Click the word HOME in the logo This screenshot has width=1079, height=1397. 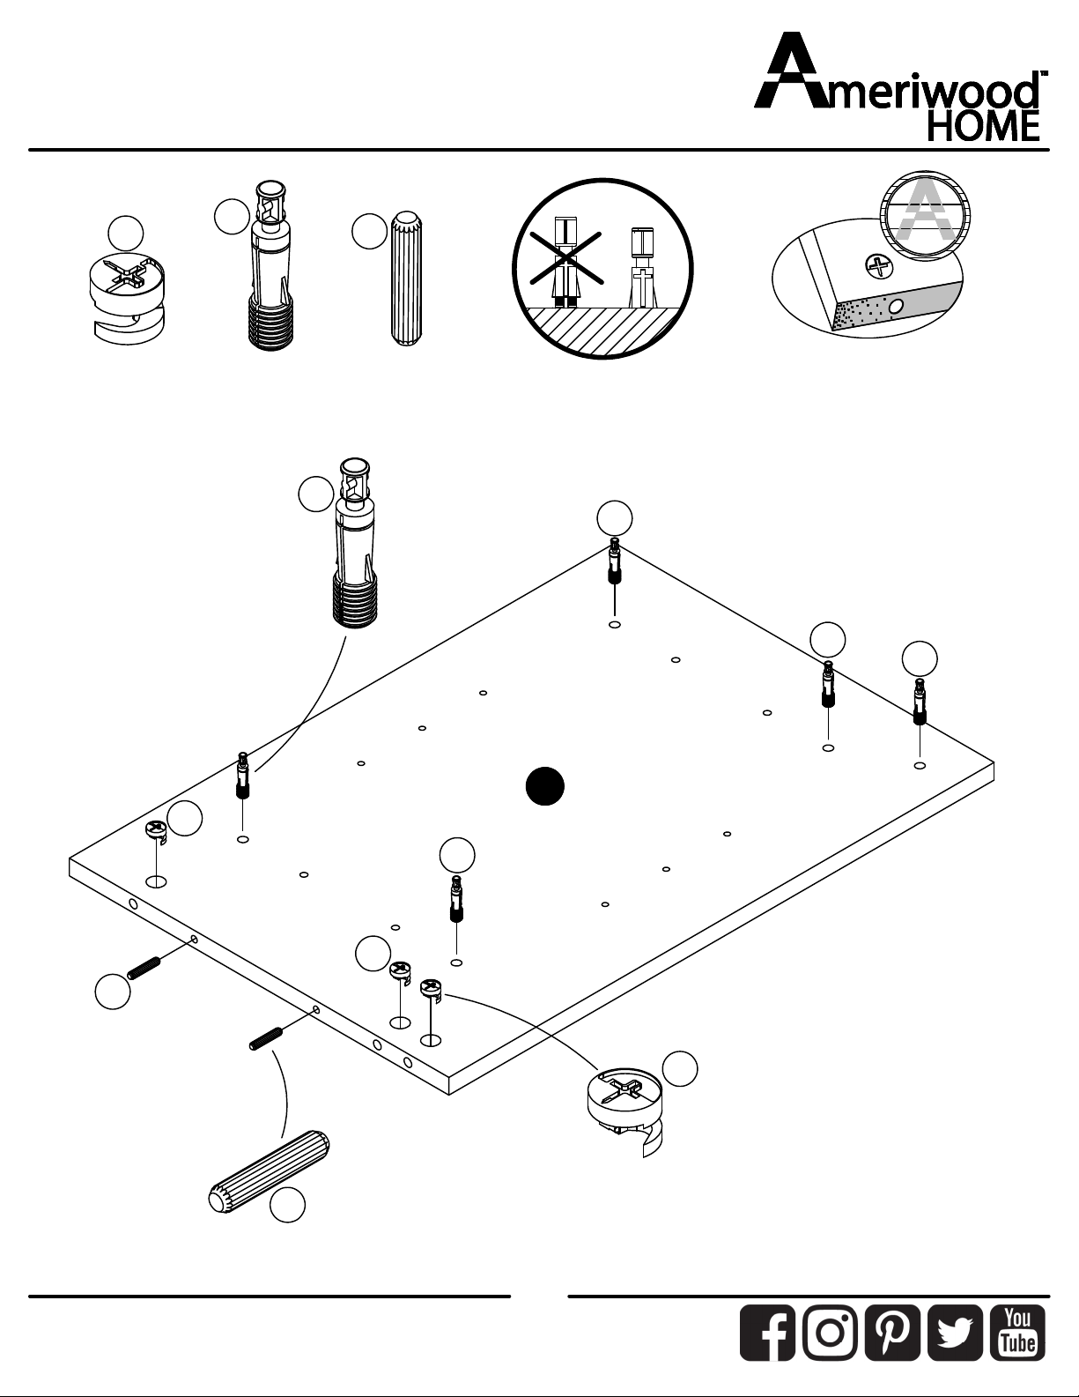pyautogui.click(x=983, y=127)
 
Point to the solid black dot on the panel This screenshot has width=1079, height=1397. pyautogui.click(x=544, y=786)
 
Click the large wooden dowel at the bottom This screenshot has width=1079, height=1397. pyautogui.click(x=270, y=1171)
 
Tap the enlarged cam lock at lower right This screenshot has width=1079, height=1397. pyautogui.click(x=625, y=1111)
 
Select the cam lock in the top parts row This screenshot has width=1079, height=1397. pyautogui.click(x=127, y=297)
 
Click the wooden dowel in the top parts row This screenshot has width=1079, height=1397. pyautogui.click(x=406, y=279)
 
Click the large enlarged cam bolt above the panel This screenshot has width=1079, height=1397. pyautogui.click(x=355, y=543)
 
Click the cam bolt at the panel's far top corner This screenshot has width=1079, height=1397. pyautogui.click(x=615, y=561)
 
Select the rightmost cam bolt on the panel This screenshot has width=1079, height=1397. pyautogui.click(x=920, y=702)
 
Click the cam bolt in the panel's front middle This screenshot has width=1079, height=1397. pyautogui.click(x=456, y=899)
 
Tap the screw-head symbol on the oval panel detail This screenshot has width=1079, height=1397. pyautogui.click(x=879, y=266)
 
